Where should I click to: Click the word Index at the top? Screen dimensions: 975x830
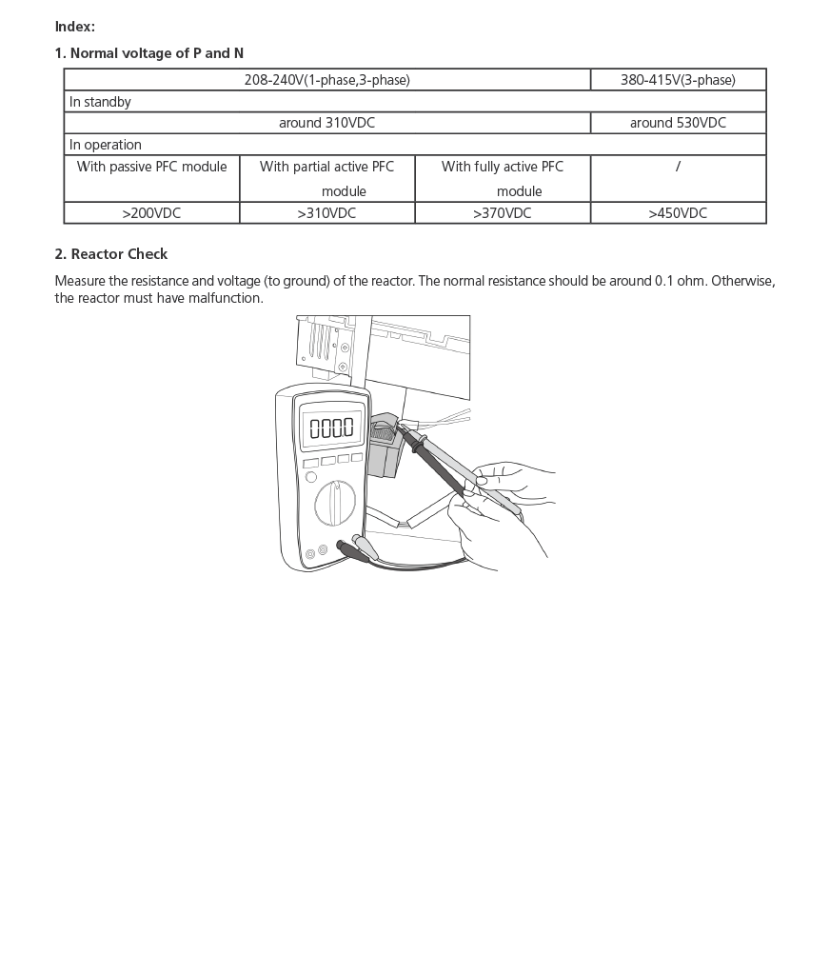click(x=74, y=27)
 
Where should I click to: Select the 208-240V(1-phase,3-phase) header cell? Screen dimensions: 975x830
click(x=326, y=80)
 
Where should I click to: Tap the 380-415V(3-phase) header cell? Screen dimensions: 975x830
click(x=678, y=80)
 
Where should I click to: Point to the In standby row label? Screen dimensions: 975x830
click(x=100, y=102)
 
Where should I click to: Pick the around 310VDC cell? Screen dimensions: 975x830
click(x=326, y=123)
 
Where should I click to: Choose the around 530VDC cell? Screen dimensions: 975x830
click(x=678, y=123)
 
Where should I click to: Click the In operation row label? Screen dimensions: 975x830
click(x=106, y=145)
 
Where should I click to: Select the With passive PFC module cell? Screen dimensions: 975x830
click(x=151, y=167)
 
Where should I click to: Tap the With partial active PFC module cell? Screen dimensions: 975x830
click(x=326, y=178)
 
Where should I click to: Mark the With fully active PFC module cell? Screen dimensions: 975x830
click(x=503, y=178)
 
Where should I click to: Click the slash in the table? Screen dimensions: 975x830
click(x=678, y=167)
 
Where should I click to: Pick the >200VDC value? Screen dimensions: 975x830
click(x=151, y=213)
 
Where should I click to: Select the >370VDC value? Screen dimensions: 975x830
click(x=503, y=213)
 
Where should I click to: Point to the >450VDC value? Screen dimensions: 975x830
click(x=678, y=213)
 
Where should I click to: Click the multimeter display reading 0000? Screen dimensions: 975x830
click(x=331, y=428)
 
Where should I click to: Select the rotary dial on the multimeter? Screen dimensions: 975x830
click(x=335, y=502)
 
